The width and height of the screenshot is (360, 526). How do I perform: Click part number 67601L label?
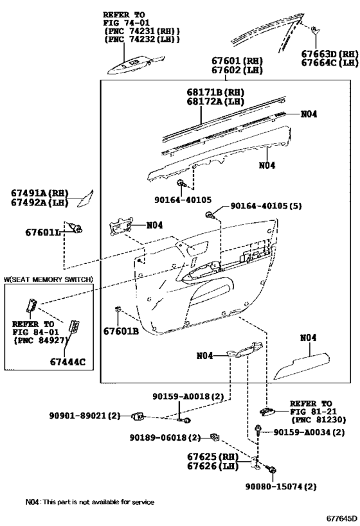[x=43, y=232]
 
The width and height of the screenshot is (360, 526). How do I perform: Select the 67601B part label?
[x=121, y=331]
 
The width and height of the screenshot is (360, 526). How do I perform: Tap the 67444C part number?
[x=68, y=362]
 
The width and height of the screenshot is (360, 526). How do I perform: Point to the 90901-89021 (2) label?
[x=85, y=416]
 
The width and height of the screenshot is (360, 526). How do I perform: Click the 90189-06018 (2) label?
[x=165, y=437]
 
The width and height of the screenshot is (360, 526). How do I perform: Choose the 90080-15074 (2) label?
[x=281, y=486]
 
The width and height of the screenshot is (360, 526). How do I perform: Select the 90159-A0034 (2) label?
[x=309, y=432]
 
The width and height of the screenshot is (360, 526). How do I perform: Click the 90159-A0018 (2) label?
[x=188, y=396]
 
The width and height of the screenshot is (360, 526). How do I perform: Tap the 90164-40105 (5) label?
[x=266, y=206]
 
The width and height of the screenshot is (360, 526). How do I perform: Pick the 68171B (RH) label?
[x=215, y=92]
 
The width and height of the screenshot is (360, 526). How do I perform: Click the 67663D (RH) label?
[x=330, y=54]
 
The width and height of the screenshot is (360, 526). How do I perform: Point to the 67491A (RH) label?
[x=40, y=193]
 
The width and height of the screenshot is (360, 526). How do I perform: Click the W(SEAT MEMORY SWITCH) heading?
[x=48, y=279]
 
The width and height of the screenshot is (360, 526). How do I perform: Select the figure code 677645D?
[x=341, y=518]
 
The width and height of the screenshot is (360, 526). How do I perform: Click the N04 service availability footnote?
[x=90, y=502]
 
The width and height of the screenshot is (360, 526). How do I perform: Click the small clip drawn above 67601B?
[x=118, y=309]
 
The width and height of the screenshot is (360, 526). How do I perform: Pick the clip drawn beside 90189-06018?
[x=215, y=437]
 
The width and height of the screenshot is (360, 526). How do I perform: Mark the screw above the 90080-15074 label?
[x=271, y=469]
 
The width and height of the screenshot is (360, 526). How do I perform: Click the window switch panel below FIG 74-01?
[x=136, y=65]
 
